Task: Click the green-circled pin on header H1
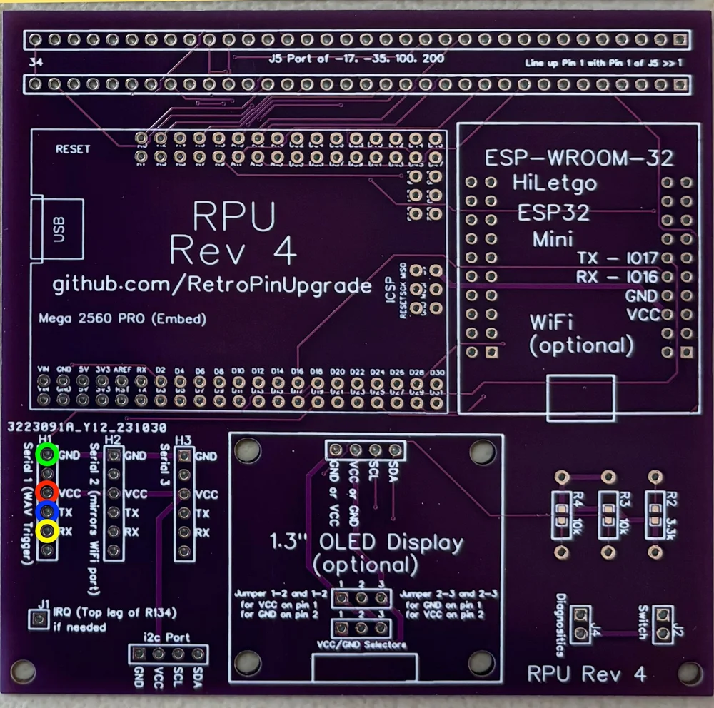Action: tap(47, 453)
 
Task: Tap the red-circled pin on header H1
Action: tap(47, 492)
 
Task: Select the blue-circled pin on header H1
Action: tap(47, 512)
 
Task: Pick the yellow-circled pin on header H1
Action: tap(47, 531)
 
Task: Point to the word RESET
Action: tap(73, 149)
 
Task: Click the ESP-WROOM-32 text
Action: tap(578, 157)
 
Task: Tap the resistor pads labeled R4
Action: tap(562, 512)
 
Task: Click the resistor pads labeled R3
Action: tap(608, 512)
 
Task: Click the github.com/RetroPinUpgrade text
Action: tap(212, 285)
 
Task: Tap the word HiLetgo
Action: tap(554, 183)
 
